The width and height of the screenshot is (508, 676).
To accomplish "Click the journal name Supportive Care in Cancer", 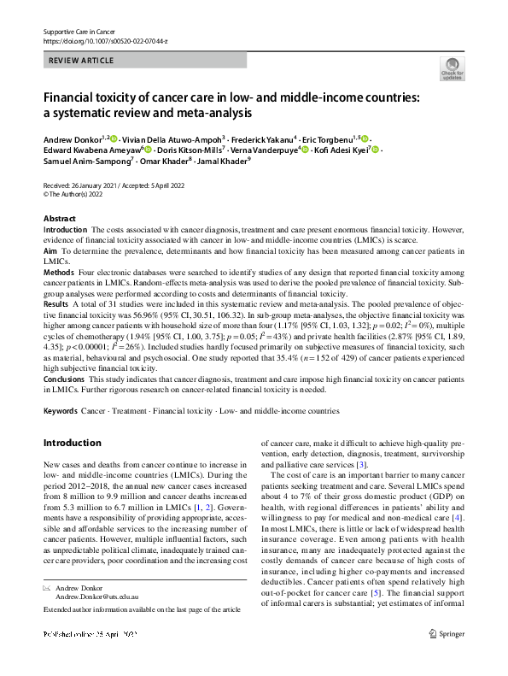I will click(x=79, y=32).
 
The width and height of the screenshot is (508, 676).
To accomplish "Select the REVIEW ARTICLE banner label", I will click(x=80, y=62).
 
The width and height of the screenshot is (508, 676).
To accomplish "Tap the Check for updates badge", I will click(x=450, y=69).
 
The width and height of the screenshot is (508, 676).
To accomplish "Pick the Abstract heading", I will click(x=60, y=219).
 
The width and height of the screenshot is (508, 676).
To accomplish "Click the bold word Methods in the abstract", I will click(x=58, y=270).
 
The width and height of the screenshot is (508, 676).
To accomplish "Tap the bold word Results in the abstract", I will click(x=56, y=303).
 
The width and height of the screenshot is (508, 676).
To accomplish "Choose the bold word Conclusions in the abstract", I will click(x=64, y=378).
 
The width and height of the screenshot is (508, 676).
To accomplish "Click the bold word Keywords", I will click(x=60, y=411).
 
